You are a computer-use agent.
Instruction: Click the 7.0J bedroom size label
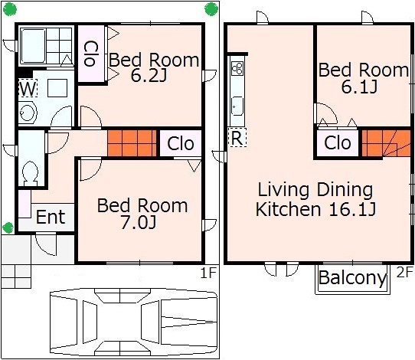coord(139,223)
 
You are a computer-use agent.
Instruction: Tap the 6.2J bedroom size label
coord(149,76)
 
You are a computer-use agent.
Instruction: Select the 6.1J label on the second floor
coord(359,87)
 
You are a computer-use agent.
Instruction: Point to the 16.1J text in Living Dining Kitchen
coord(352,209)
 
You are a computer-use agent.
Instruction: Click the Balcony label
coord(352,278)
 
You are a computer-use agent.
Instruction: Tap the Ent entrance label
coord(51,217)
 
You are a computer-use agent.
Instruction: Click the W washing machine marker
coord(28,88)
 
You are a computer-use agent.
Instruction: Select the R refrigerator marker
coord(237,137)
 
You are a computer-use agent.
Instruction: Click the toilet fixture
coord(30,174)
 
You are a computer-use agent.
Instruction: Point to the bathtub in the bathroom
coord(33,46)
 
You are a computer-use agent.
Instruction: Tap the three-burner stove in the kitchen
coord(237,68)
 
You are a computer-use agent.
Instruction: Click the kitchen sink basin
coord(237,106)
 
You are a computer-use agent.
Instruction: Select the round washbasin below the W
coord(28,113)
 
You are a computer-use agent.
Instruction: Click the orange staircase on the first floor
coord(132,143)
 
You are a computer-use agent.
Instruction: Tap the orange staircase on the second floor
coord(386,143)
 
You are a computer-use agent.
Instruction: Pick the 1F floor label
coord(208,273)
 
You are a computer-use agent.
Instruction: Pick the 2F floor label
coord(405,272)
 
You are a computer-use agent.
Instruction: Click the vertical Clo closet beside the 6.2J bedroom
coord(91,53)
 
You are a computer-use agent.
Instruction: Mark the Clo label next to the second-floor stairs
coord(338,142)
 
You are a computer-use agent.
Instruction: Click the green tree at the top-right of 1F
coord(211,9)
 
